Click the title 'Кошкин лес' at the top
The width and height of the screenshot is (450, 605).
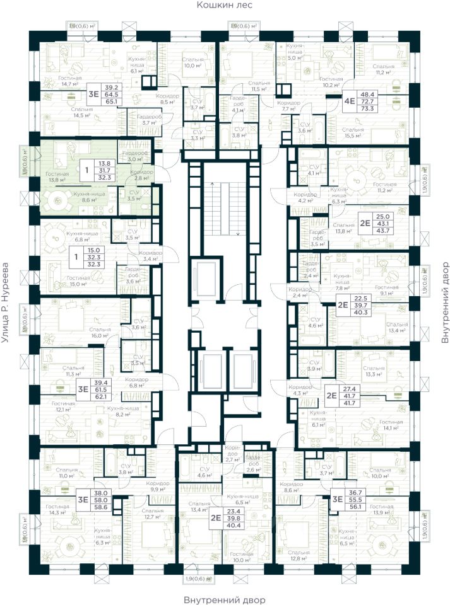tap(224, 6)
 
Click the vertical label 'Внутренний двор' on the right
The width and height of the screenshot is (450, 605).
tap(444, 302)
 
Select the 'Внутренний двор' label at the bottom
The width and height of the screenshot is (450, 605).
tap(224, 599)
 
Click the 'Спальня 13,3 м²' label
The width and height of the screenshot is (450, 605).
tap(374, 372)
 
